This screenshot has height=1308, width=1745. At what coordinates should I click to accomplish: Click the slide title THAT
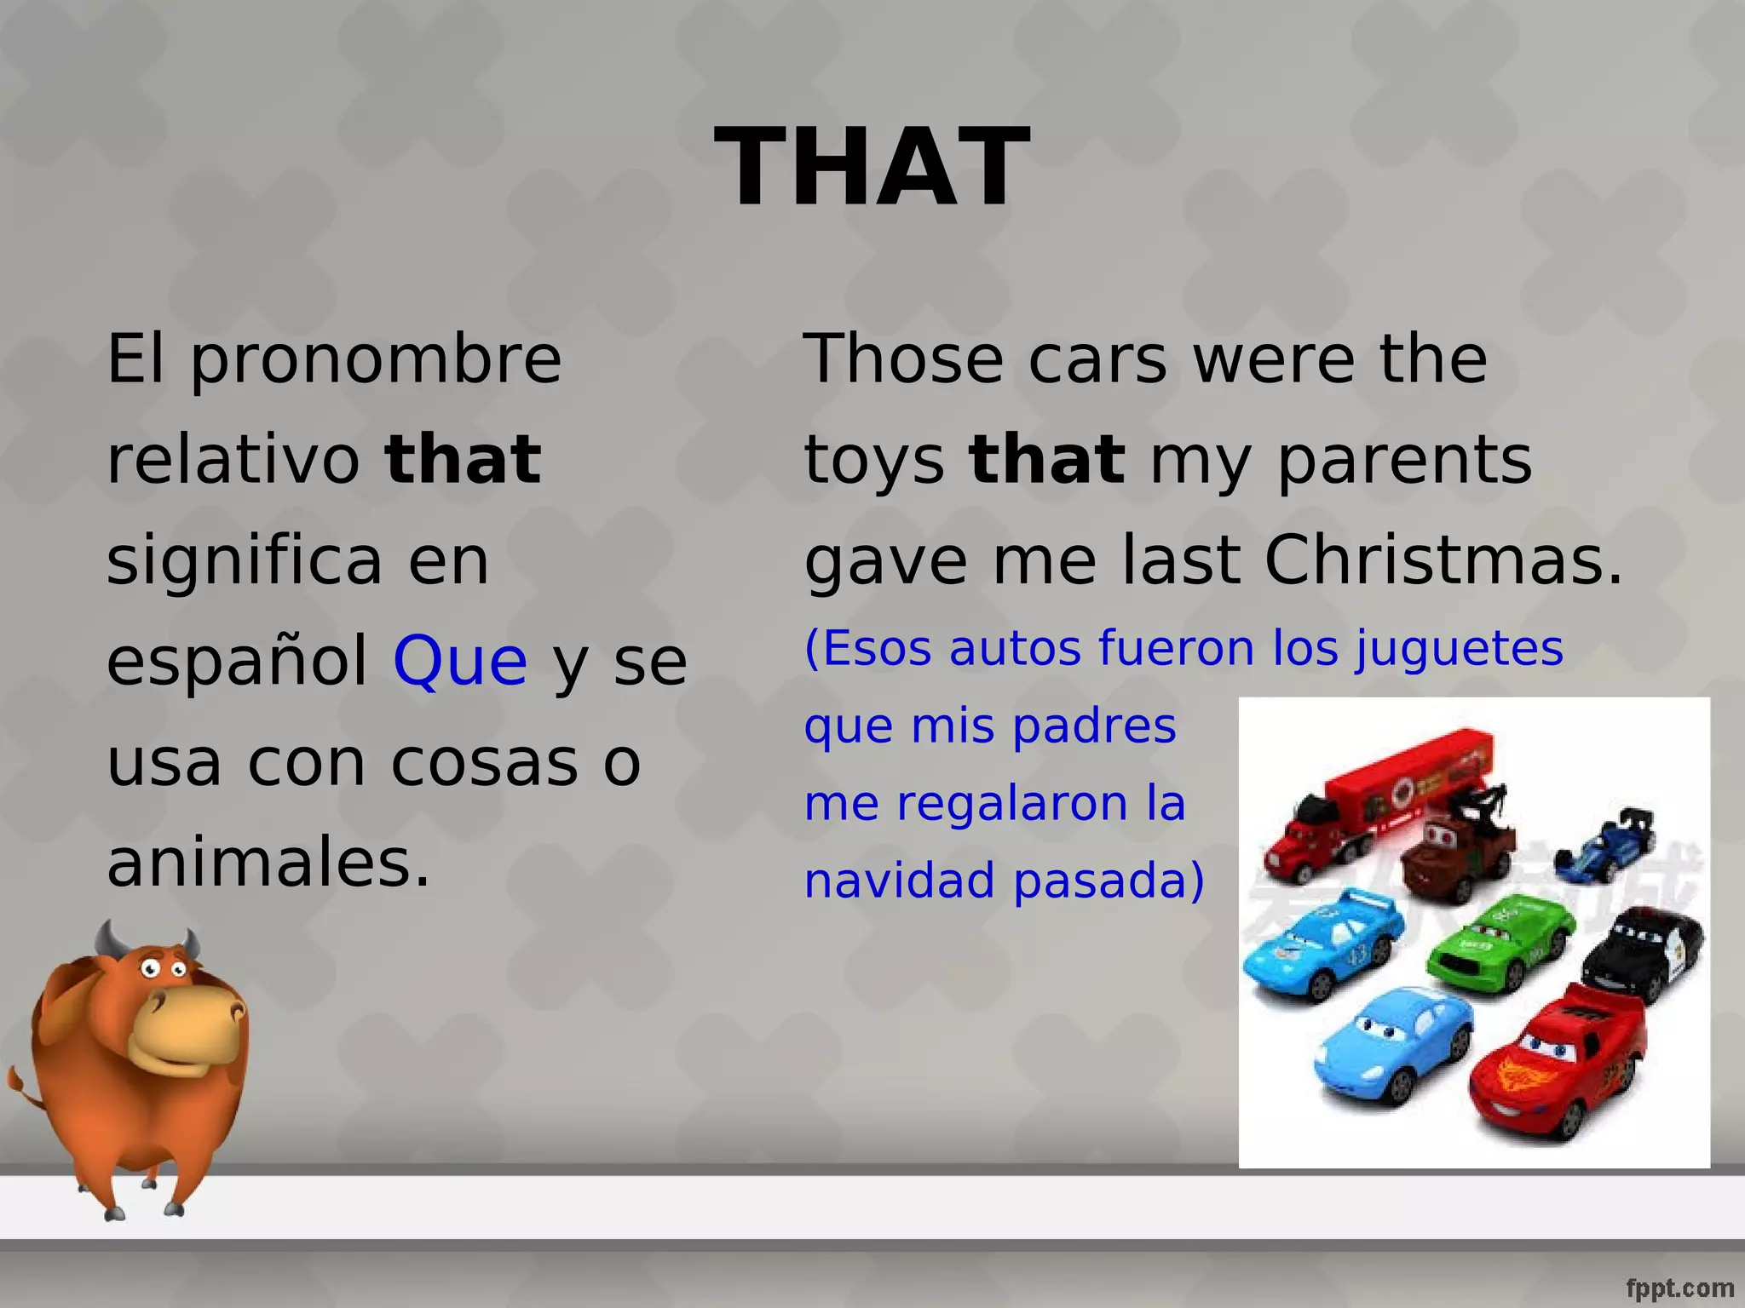coord(872,166)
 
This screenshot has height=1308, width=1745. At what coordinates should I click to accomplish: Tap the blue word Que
coord(460,662)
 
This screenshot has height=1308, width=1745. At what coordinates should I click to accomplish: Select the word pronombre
coord(376,359)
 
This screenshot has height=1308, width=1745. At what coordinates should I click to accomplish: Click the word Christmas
coord(1443,562)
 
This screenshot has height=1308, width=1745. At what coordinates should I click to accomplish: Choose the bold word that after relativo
coord(463,460)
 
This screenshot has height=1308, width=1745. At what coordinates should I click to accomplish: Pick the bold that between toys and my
coord(1047,460)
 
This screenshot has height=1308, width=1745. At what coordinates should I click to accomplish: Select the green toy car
coord(1500,941)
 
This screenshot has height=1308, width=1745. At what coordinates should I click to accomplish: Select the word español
coord(237,662)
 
